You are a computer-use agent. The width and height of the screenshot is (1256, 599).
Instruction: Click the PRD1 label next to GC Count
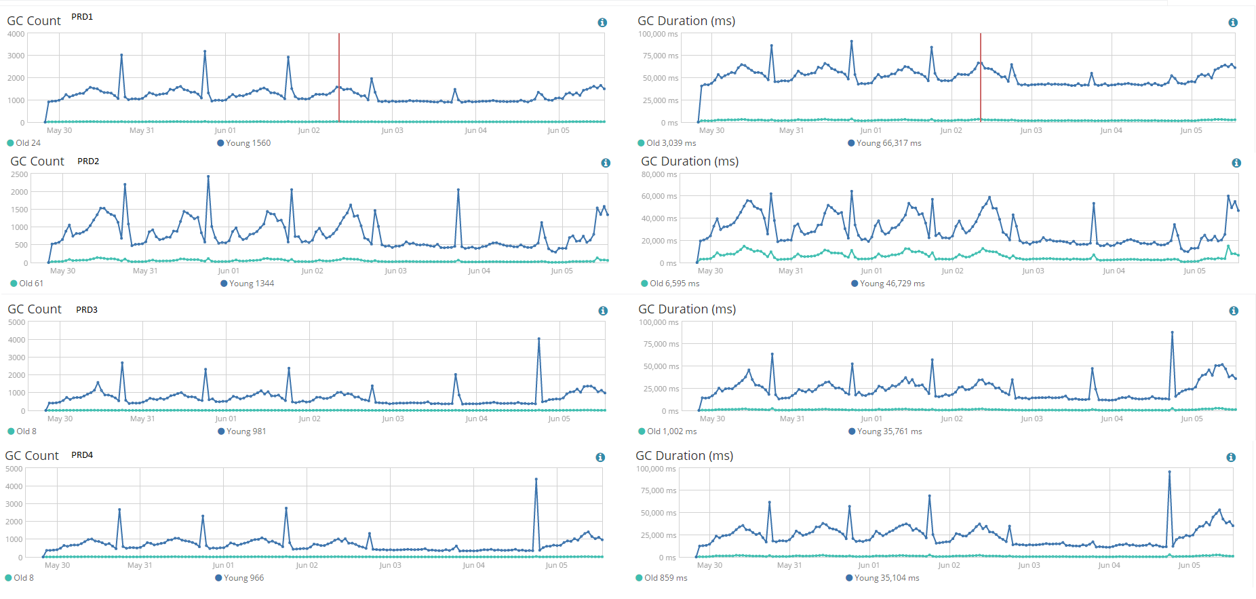click(x=82, y=17)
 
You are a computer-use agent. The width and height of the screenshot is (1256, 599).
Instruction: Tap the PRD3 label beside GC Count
click(x=87, y=310)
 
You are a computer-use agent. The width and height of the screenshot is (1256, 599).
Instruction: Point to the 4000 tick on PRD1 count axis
click(x=16, y=34)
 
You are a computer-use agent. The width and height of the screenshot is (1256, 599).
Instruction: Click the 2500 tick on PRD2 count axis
click(x=20, y=174)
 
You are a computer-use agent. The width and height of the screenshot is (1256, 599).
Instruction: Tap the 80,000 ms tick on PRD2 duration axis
click(x=659, y=174)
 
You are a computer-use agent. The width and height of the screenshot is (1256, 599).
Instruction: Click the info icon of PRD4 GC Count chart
click(x=600, y=457)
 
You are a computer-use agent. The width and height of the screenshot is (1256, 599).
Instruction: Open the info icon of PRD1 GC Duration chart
click(x=1233, y=22)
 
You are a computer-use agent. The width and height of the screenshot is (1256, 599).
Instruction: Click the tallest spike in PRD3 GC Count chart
click(x=538, y=339)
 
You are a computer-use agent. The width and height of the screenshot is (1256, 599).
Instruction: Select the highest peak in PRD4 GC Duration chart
click(x=1169, y=472)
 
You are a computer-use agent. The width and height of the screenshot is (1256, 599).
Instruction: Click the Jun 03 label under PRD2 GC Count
click(x=395, y=271)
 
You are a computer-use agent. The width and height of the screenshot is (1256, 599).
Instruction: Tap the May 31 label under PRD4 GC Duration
click(x=789, y=565)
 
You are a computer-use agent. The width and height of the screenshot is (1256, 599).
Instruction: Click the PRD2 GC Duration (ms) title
click(x=690, y=161)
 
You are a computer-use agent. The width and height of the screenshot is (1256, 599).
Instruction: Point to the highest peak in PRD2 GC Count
click(x=208, y=176)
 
